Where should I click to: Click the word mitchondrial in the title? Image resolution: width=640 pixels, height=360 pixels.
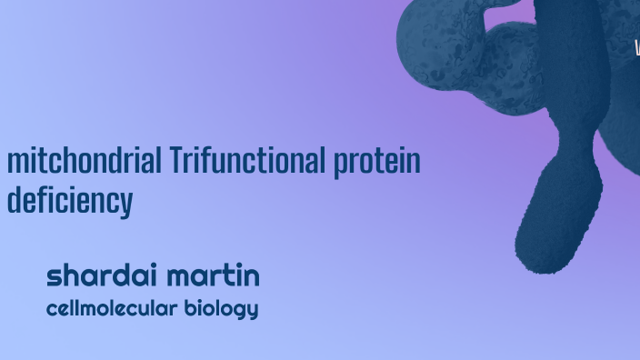pyautogui.click(x=85, y=161)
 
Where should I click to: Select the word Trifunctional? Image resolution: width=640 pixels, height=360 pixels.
pyautogui.click(x=246, y=161)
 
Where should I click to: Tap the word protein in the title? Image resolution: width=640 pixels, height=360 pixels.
pyautogui.click(x=376, y=163)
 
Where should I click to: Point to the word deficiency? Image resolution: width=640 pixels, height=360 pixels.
pyautogui.click(x=69, y=201)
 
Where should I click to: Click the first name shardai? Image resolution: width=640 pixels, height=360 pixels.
pyautogui.click(x=100, y=275)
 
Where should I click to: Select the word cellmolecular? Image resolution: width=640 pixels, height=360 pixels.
pyautogui.click(x=111, y=308)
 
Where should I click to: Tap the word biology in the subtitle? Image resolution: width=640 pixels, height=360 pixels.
pyautogui.click(x=221, y=309)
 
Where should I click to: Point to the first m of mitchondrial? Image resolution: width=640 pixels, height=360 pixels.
pyautogui.click(x=15, y=163)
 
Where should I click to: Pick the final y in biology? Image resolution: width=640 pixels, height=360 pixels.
pyautogui.click(x=252, y=311)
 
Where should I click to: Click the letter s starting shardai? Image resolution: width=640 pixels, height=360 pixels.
pyautogui.click(x=54, y=276)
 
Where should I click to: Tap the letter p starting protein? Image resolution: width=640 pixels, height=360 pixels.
pyautogui.click(x=340, y=165)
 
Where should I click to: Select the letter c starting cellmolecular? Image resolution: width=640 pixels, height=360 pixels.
pyautogui.click(x=51, y=309)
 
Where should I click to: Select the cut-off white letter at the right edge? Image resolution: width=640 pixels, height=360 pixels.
pyautogui.click(x=636, y=47)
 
